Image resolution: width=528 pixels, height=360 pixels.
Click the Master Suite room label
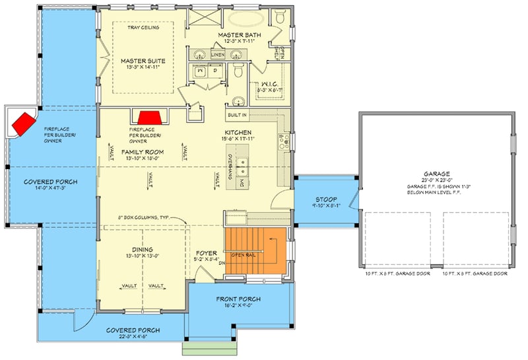click(143, 61)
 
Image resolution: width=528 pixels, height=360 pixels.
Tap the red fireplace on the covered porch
click(24, 123)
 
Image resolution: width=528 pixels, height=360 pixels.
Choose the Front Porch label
click(238, 299)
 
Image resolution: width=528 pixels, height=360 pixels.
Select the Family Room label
click(143, 152)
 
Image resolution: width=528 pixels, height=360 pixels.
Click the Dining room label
click(143, 250)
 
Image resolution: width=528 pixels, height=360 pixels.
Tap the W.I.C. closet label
click(268, 83)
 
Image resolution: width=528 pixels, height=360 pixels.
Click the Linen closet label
click(218, 55)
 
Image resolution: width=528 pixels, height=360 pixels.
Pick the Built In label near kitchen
click(238, 115)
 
